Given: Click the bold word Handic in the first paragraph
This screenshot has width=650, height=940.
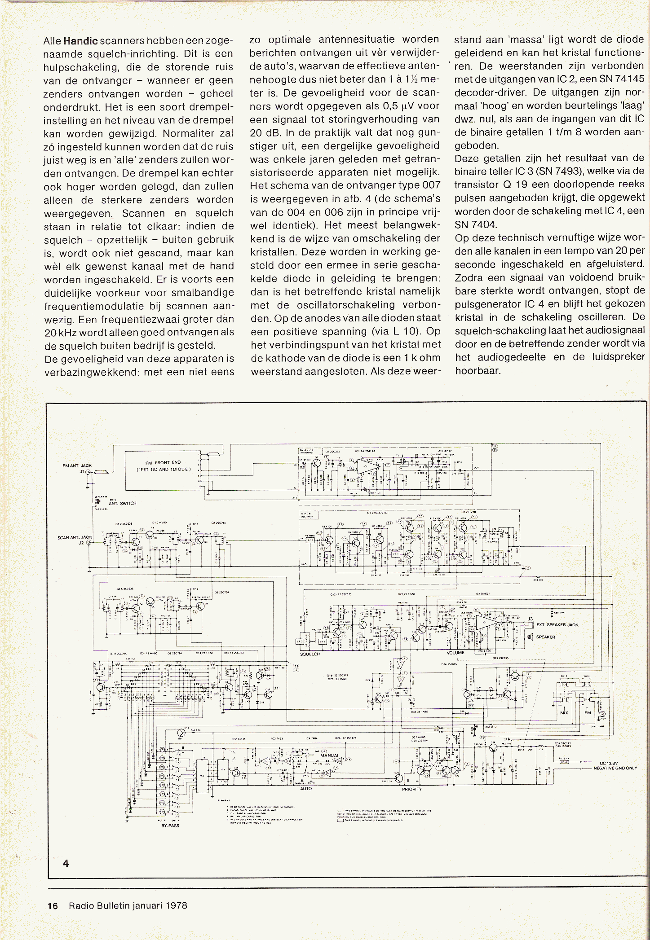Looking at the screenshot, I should pos(80,41).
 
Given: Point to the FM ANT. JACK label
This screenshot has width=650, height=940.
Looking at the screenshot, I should pos(77,466).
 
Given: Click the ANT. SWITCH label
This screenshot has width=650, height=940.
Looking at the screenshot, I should pos(122,503).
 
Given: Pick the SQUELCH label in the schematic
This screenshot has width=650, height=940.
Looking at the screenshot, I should pos(310,654).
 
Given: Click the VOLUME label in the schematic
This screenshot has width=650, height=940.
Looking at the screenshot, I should pos(455,653).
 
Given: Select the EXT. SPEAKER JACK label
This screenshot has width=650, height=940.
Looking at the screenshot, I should pos(557,625).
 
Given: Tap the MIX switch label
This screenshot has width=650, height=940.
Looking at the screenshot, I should pos(564,713).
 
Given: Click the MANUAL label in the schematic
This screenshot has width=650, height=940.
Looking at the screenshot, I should pos(330,756).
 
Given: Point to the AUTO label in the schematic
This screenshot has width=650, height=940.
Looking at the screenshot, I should pos(305,788).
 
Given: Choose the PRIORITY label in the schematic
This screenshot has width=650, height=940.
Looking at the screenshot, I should pos(411,789).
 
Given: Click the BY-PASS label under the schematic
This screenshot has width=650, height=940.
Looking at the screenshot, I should pos(170,825).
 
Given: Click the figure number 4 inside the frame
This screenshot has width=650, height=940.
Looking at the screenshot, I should pos(66,863).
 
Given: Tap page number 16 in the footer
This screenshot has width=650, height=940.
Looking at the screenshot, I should pos(53,905).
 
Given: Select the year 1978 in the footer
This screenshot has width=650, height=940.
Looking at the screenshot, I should pos(176,905).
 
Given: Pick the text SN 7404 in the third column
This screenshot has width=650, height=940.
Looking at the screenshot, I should pos(475,224).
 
